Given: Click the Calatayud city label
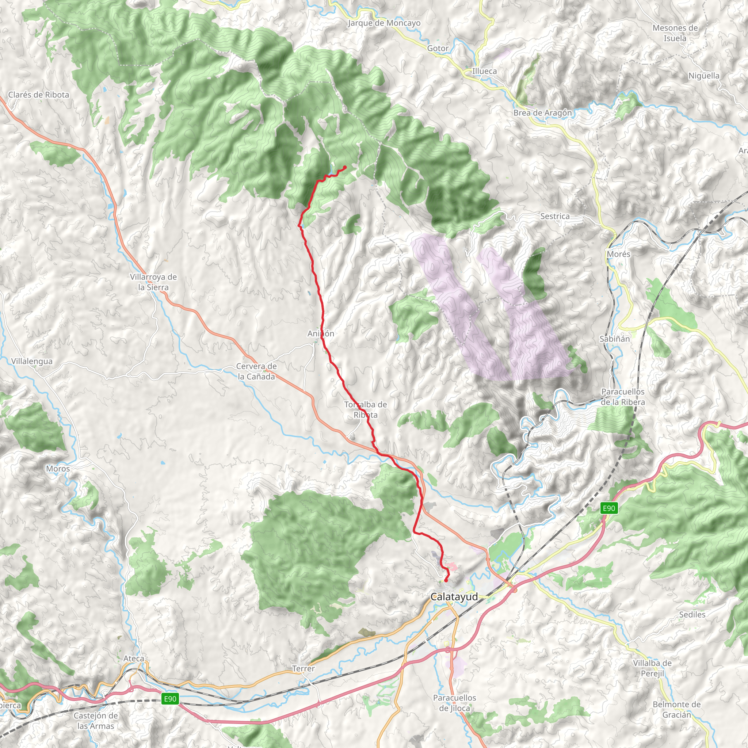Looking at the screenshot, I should (x=454, y=597).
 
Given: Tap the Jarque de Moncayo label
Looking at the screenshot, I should (x=384, y=23).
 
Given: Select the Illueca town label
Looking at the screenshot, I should (x=484, y=71).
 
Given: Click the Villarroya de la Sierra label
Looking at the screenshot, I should (x=153, y=282).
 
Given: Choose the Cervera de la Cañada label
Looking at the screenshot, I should (x=256, y=371).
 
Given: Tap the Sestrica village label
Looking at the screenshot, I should (x=555, y=217).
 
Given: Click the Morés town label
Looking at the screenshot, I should (x=618, y=254).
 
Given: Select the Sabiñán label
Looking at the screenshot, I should (x=614, y=339).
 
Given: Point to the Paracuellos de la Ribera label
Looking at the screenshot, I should (x=623, y=397).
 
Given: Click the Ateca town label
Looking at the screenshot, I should (x=134, y=659).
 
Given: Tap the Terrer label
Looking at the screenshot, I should (x=304, y=669).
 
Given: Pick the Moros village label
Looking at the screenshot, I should (x=58, y=469).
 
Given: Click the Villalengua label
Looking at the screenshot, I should (x=32, y=361).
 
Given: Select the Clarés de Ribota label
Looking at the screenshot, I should (x=39, y=95).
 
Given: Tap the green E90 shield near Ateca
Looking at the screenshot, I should (x=170, y=699).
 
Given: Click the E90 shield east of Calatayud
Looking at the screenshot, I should (x=608, y=508).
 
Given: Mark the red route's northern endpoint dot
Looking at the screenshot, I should (x=344, y=167).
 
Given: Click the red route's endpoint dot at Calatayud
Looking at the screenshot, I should (x=446, y=580).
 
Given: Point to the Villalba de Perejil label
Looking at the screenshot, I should (x=652, y=668).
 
